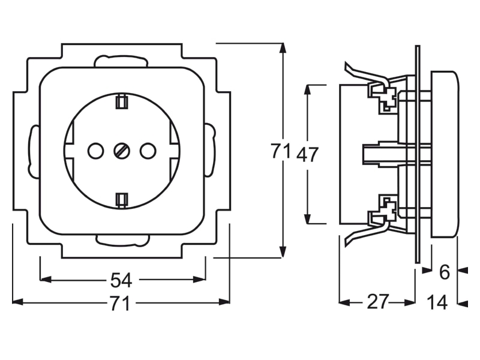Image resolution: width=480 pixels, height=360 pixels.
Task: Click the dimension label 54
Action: [x=121, y=280]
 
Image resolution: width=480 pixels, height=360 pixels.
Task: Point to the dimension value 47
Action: [x=307, y=154]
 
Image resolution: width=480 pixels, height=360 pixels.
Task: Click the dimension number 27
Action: [x=378, y=302]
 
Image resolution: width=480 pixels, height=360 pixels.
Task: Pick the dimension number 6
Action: [x=444, y=272]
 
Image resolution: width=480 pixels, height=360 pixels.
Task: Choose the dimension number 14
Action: [x=437, y=302]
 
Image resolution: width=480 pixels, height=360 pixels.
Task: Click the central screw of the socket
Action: [x=122, y=151]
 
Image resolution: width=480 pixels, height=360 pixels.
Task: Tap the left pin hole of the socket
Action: [x=95, y=151]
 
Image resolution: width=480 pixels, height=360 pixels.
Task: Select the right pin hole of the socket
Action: [x=148, y=151]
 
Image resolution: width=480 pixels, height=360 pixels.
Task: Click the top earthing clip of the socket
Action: [x=122, y=101]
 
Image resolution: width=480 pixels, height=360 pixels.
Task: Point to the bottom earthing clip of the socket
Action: [x=122, y=200]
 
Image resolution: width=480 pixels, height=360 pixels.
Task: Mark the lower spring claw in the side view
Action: [x=366, y=233]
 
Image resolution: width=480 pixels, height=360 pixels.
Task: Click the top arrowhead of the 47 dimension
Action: [x=308, y=90]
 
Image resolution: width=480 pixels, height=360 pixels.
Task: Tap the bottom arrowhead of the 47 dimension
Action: [x=308, y=218]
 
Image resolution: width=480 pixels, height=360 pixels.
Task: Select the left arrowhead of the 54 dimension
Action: [x=46, y=279]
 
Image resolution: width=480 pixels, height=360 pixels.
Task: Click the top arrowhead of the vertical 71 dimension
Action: [x=283, y=49]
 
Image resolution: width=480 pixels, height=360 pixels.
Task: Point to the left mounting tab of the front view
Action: [x=34, y=151]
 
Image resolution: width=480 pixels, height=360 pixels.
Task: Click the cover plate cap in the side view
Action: [x=445, y=154]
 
